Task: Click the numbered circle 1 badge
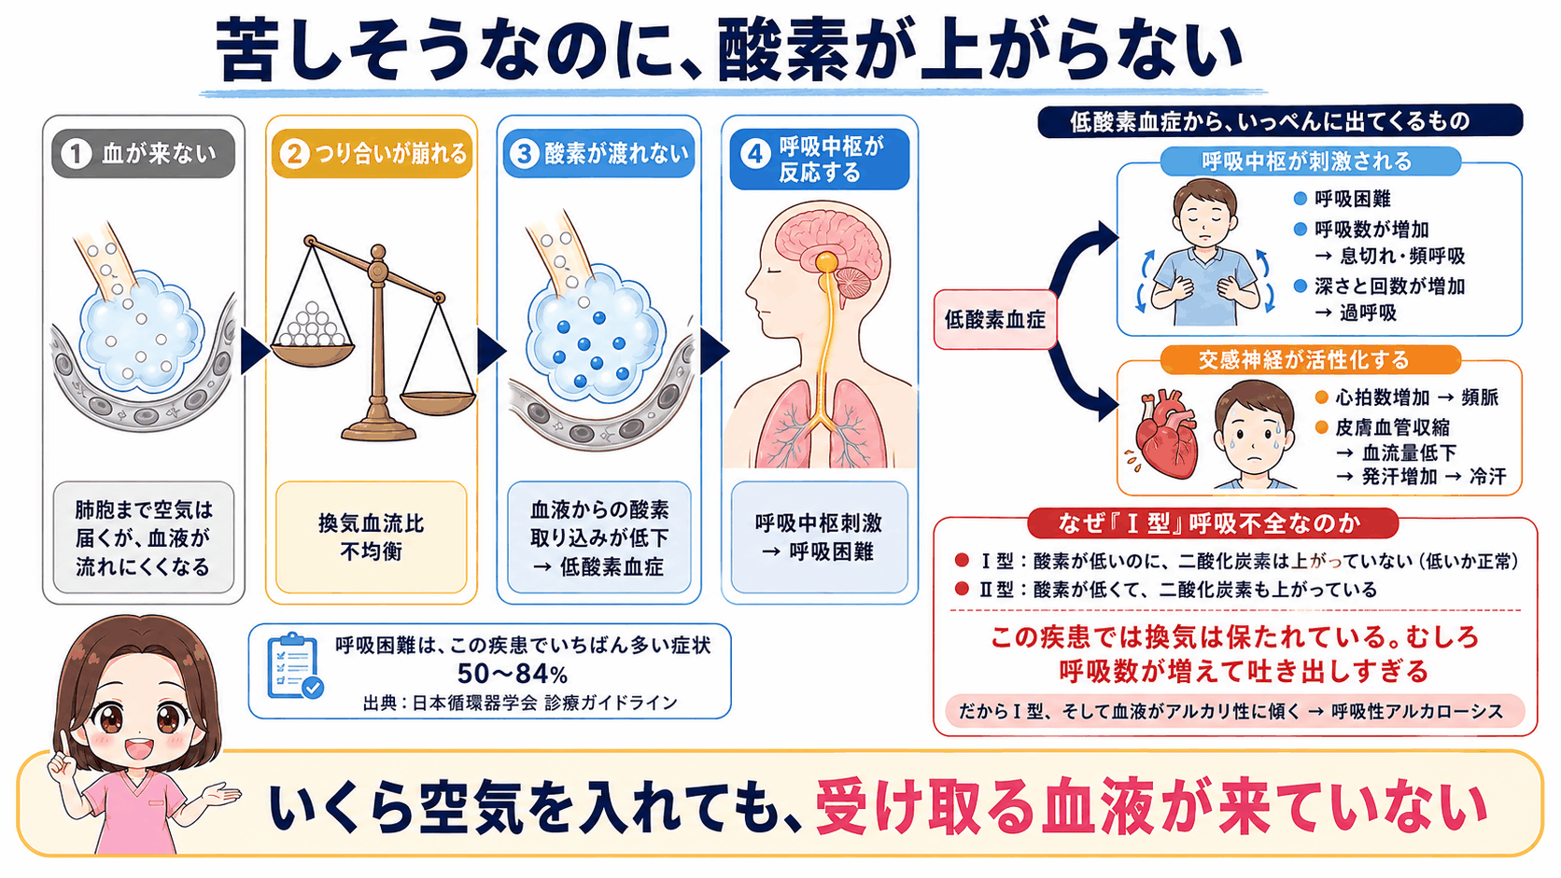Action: coord(76,154)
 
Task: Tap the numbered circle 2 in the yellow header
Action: coord(294,154)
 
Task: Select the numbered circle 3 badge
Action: coord(524,154)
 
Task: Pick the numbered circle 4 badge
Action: coord(754,155)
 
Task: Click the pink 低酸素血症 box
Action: coord(995,320)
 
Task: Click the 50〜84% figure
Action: coord(513,674)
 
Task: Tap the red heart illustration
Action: coord(1165,434)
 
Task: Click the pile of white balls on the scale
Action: coord(312,327)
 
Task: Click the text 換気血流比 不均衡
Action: coord(371,537)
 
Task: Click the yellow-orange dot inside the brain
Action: coord(826,262)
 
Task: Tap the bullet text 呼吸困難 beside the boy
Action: coord(1353,199)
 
